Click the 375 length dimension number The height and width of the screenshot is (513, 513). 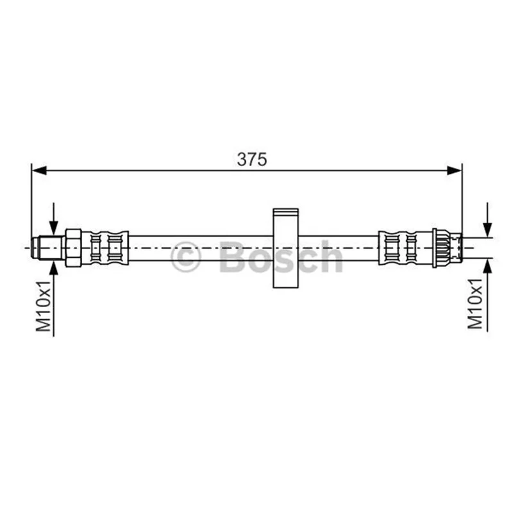tap(252, 159)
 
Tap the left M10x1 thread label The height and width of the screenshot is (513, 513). tap(44, 305)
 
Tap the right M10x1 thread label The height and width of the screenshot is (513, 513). tap(475, 303)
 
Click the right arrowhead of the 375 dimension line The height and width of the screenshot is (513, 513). tap(455, 170)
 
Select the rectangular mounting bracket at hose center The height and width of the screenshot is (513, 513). tap(285, 248)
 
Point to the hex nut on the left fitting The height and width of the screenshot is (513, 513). tap(73, 248)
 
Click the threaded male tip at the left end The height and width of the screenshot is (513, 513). tap(48, 248)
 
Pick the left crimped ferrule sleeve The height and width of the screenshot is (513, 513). tap(105, 248)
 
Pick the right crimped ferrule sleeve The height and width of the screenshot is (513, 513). tap(405, 248)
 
